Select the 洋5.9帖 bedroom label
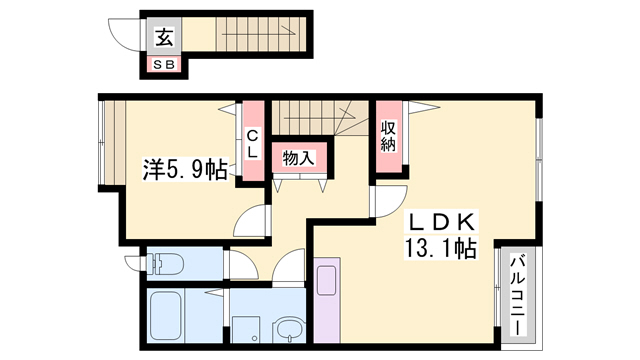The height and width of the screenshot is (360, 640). pos(184,171)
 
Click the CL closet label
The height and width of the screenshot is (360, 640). pos(254,143)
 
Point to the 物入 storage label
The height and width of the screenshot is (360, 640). pos(298,158)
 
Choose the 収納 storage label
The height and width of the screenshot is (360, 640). pos(388,135)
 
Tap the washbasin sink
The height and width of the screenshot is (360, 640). pos(290,330)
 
